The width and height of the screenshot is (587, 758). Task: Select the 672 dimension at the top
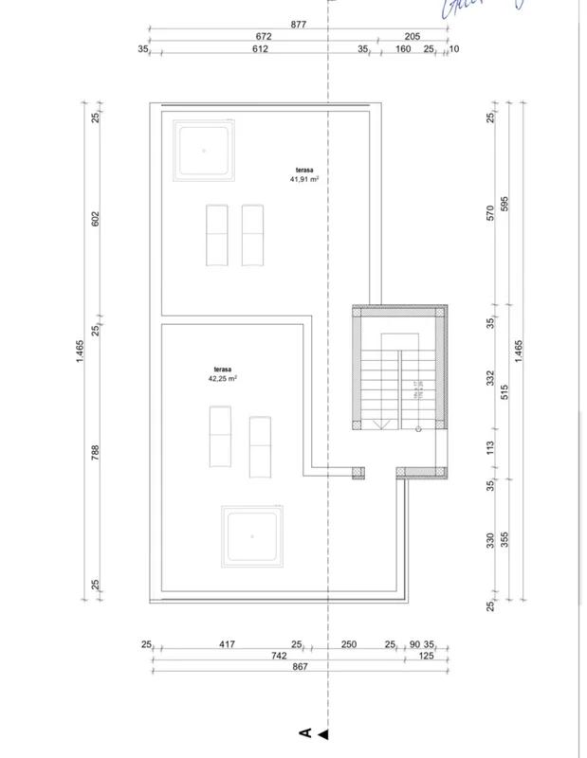click(264, 37)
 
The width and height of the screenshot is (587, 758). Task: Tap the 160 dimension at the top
click(402, 48)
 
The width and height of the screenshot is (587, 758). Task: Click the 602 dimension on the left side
click(95, 218)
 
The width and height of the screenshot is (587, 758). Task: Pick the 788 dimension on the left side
click(95, 453)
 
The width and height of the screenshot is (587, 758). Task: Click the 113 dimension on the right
click(491, 447)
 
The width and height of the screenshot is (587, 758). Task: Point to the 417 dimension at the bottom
click(227, 644)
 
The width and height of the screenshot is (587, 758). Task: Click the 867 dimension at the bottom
click(302, 667)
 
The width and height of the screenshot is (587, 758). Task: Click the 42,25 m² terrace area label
click(222, 373)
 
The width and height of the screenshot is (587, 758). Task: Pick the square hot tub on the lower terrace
click(252, 535)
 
